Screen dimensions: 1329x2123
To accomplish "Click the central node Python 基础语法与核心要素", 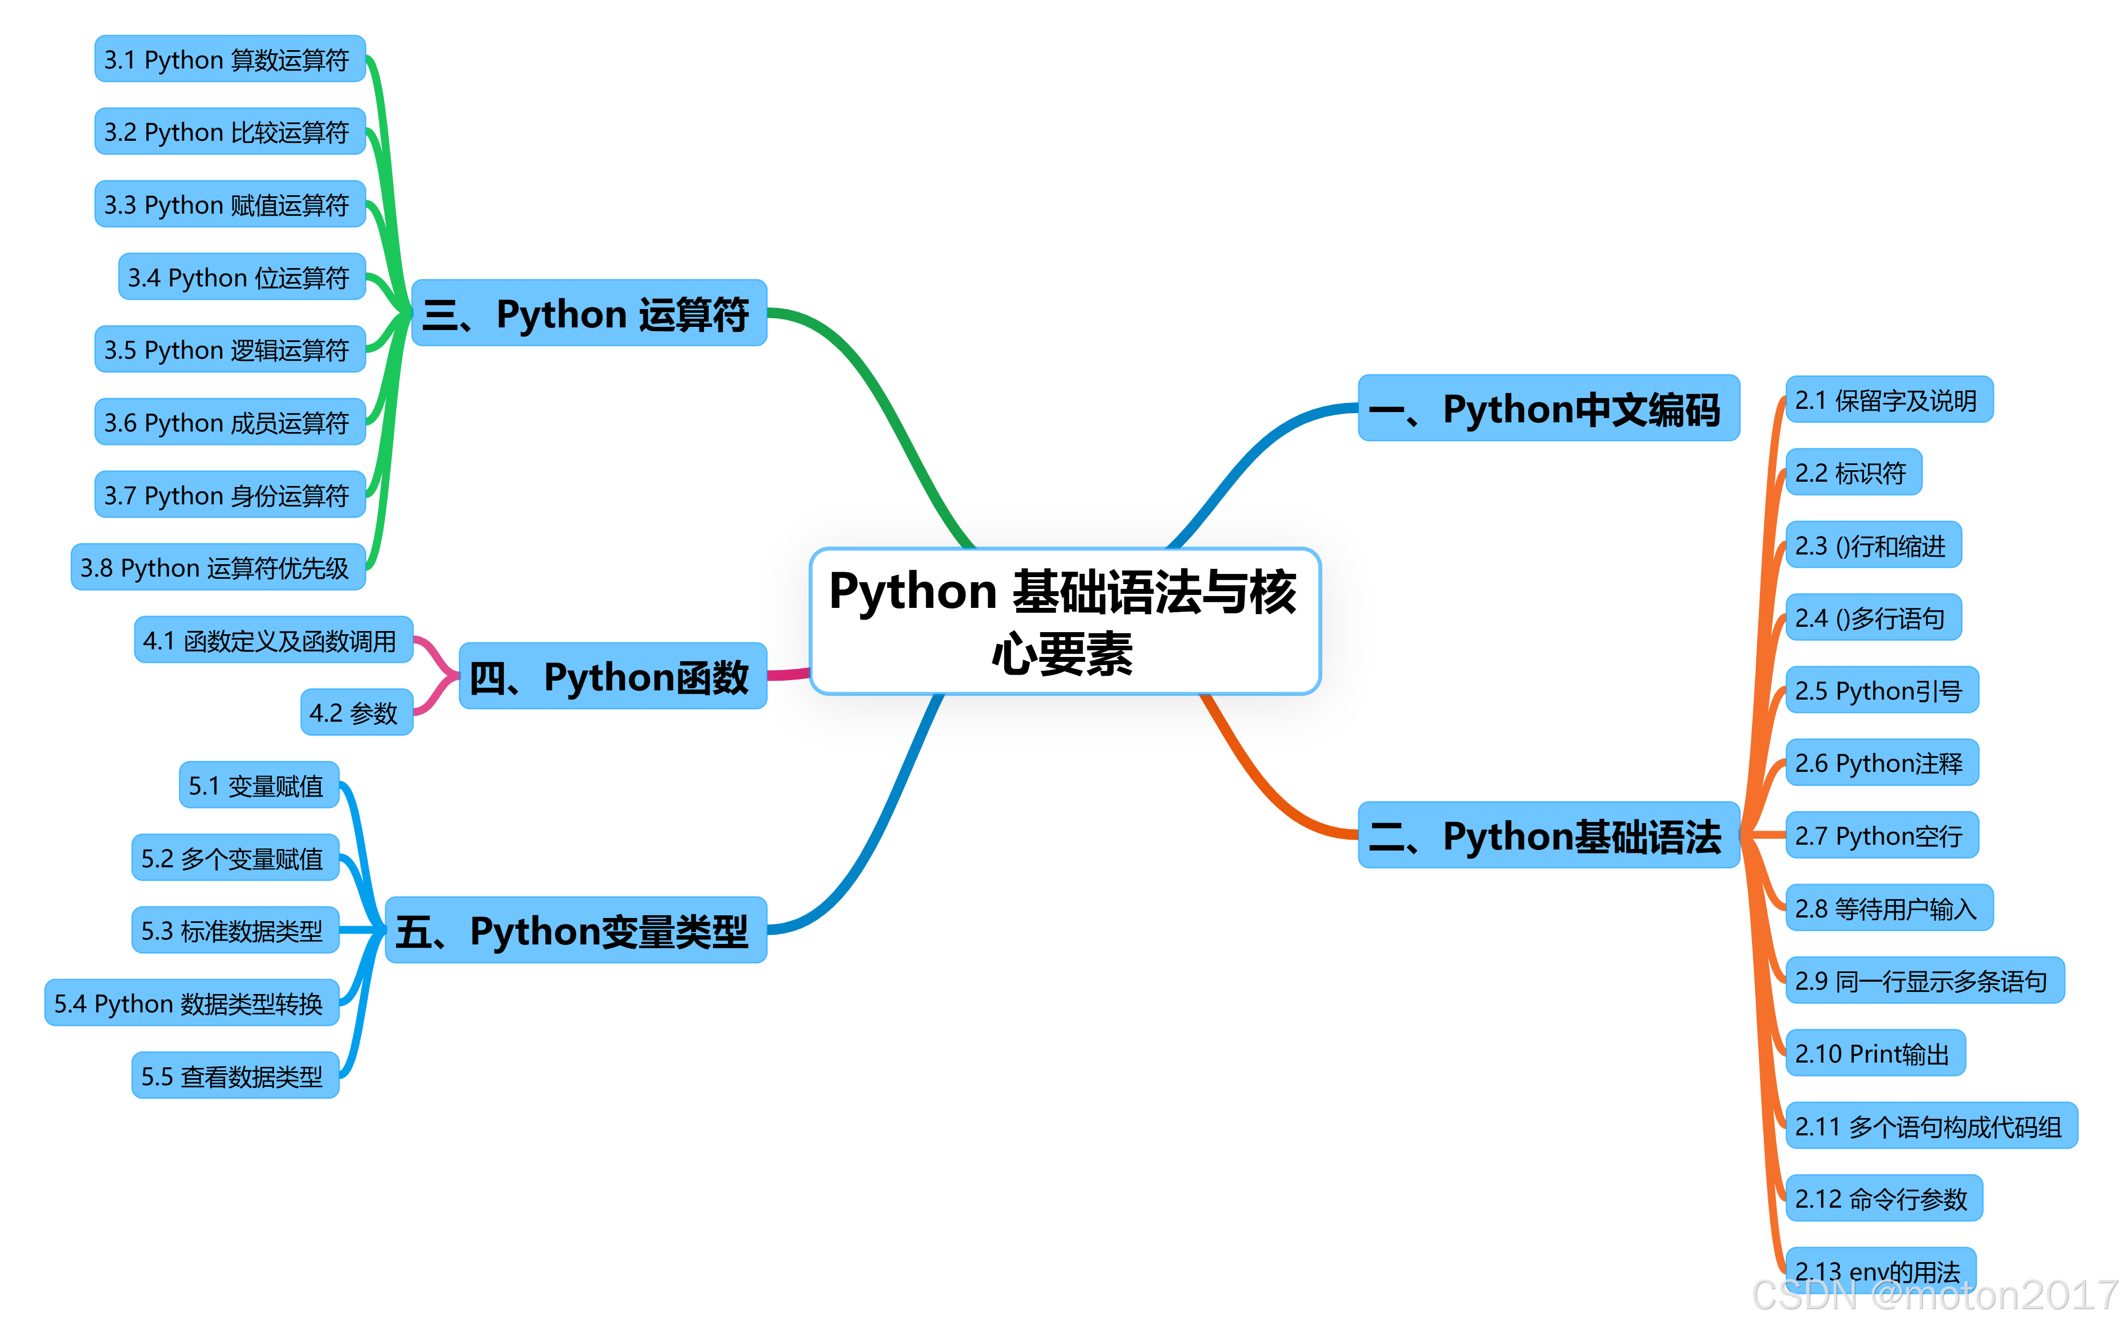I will click(1065, 621).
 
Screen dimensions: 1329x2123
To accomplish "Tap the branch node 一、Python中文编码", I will click(1549, 408).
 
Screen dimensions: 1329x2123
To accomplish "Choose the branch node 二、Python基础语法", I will click(1549, 835).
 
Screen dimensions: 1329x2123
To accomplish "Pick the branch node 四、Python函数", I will click(613, 676).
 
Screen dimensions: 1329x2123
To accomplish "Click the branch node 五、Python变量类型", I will click(576, 930).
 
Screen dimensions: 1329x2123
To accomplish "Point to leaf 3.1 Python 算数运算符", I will click(229, 59).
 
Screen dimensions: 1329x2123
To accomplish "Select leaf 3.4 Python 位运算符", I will click(242, 277).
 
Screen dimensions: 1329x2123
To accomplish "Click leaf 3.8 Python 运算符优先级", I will click(218, 567).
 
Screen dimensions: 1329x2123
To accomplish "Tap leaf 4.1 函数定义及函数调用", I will click(273, 640).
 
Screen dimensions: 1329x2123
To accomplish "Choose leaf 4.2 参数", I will click(356, 712).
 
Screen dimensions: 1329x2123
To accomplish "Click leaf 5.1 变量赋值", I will click(258, 785).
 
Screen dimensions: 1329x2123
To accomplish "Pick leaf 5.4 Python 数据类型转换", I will click(191, 1002).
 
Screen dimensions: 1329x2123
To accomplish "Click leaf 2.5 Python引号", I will click(1881, 690).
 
